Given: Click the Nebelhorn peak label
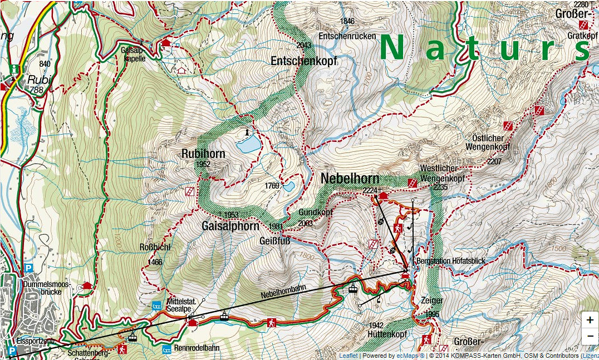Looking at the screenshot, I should pyautogui.click(x=350, y=179).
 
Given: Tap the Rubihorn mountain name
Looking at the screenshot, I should pyautogui.click(x=203, y=154).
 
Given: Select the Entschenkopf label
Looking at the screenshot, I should pyautogui.click(x=303, y=61).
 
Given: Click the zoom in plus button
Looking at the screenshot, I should pyautogui.click(x=590, y=320).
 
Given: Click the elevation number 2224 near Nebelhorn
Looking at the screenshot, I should pyautogui.click(x=370, y=191).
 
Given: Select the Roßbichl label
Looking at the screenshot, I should pyautogui.click(x=154, y=248).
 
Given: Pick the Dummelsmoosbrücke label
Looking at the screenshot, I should pyautogui.click(x=47, y=288).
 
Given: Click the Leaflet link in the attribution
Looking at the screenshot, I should pyautogui.click(x=348, y=356).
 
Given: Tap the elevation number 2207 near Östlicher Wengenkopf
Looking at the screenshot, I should pyautogui.click(x=494, y=162).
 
